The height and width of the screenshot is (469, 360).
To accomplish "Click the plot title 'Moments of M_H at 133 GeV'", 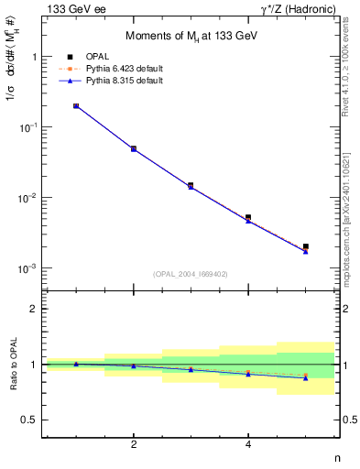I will click(x=191, y=35).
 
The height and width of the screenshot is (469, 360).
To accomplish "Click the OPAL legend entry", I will click(x=82, y=57).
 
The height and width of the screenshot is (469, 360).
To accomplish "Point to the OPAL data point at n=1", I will click(x=76, y=106).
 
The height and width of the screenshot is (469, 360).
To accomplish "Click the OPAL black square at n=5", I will click(x=306, y=246).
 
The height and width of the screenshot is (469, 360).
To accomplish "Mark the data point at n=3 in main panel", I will click(x=191, y=185).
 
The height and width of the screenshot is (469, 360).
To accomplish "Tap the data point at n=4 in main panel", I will click(x=248, y=218).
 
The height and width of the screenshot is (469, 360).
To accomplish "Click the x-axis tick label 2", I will click(x=134, y=445).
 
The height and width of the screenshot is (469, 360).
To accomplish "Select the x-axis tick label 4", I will click(x=248, y=445).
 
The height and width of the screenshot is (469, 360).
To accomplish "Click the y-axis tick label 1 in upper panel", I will click(x=34, y=57).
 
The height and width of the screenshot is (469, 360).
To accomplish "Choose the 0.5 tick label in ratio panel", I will click(x=29, y=420).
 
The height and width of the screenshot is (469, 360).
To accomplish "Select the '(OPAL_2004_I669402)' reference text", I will click(x=191, y=273).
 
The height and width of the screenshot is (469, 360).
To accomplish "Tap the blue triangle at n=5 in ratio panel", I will click(x=306, y=377).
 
